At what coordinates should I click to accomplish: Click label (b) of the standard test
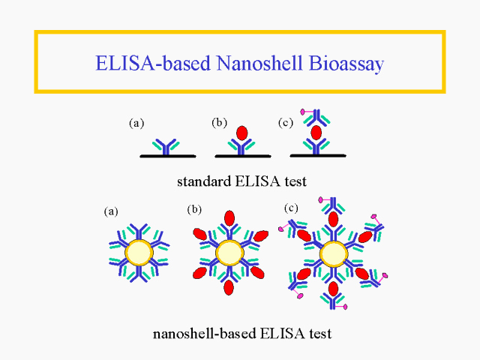pos(219,122)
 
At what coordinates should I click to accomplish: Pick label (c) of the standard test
pos(285,122)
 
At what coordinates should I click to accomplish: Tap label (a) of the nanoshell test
pos(111,211)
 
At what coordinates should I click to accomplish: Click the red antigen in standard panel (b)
pos(241,133)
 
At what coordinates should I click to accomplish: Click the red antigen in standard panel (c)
pos(316,132)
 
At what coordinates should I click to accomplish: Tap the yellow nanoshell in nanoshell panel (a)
pos(139,253)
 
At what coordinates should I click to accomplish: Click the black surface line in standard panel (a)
pos(168,156)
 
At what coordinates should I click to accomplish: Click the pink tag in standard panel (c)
pos(304,112)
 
